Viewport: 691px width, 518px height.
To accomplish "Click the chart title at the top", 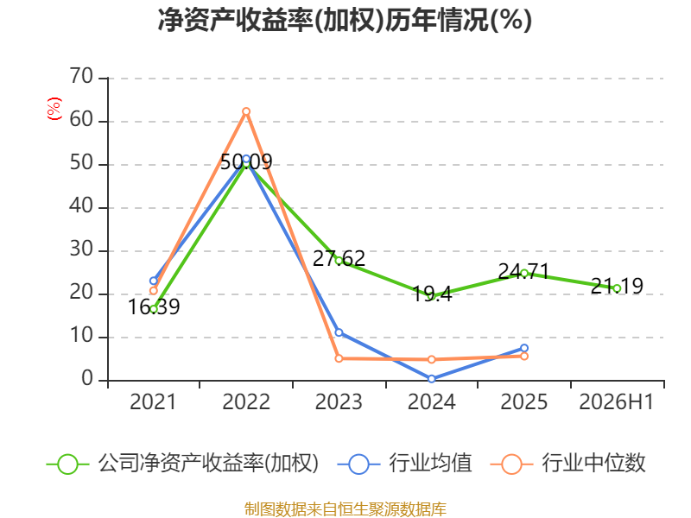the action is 345,20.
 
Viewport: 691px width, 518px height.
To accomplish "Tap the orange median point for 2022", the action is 246,111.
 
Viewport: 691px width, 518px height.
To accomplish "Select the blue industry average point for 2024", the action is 431,379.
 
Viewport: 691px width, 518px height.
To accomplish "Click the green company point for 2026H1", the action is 617,288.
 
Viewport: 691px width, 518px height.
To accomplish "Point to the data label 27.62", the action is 339,258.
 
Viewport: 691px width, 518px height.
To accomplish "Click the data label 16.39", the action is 154,307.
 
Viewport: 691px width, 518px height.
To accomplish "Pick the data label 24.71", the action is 524,271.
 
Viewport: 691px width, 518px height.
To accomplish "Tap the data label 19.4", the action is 432,294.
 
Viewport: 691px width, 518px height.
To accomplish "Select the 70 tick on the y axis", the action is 81,77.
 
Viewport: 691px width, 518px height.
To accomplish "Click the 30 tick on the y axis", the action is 81,250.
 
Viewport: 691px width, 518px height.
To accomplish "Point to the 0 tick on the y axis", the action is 87,379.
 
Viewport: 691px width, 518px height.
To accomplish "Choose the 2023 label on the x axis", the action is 339,401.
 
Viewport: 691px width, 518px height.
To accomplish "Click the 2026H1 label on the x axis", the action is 616,401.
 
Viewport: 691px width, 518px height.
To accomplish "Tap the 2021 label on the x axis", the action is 153,401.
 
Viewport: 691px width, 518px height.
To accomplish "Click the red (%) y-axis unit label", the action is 54,109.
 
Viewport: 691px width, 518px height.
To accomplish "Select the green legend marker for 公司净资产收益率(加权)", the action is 68,464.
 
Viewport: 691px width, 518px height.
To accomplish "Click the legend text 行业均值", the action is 430,463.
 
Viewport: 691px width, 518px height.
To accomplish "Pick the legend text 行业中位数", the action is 593,463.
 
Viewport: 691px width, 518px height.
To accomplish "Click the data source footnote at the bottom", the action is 345,509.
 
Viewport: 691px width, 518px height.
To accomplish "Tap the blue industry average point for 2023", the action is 339,332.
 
